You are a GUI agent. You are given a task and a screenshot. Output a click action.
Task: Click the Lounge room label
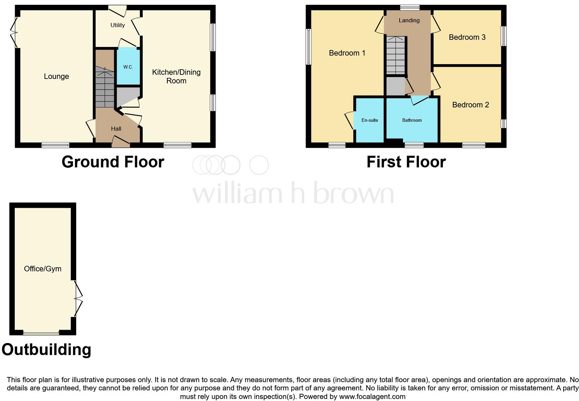(56, 76)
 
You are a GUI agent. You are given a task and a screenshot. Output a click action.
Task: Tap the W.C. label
(128, 67)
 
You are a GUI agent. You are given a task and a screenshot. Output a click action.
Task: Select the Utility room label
(117, 25)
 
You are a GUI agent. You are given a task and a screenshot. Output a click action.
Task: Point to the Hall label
(116, 129)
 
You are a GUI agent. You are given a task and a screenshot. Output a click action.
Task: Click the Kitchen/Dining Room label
(176, 76)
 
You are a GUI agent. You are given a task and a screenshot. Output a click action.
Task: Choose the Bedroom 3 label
(467, 37)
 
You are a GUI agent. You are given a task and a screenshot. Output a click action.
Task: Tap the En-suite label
(369, 120)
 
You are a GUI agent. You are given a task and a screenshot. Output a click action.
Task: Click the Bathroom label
(412, 120)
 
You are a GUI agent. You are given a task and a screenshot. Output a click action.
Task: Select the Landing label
(409, 20)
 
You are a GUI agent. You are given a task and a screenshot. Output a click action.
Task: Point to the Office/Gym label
(43, 269)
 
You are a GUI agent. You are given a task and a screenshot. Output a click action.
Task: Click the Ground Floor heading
(113, 162)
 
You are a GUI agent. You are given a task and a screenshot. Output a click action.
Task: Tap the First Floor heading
(406, 162)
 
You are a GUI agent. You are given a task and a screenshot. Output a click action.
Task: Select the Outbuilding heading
(46, 350)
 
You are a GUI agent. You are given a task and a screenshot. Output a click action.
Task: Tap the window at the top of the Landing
(410, 8)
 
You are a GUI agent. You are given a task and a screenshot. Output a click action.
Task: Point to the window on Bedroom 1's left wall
(308, 47)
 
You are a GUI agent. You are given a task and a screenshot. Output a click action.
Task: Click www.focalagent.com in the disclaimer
(372, 397)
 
